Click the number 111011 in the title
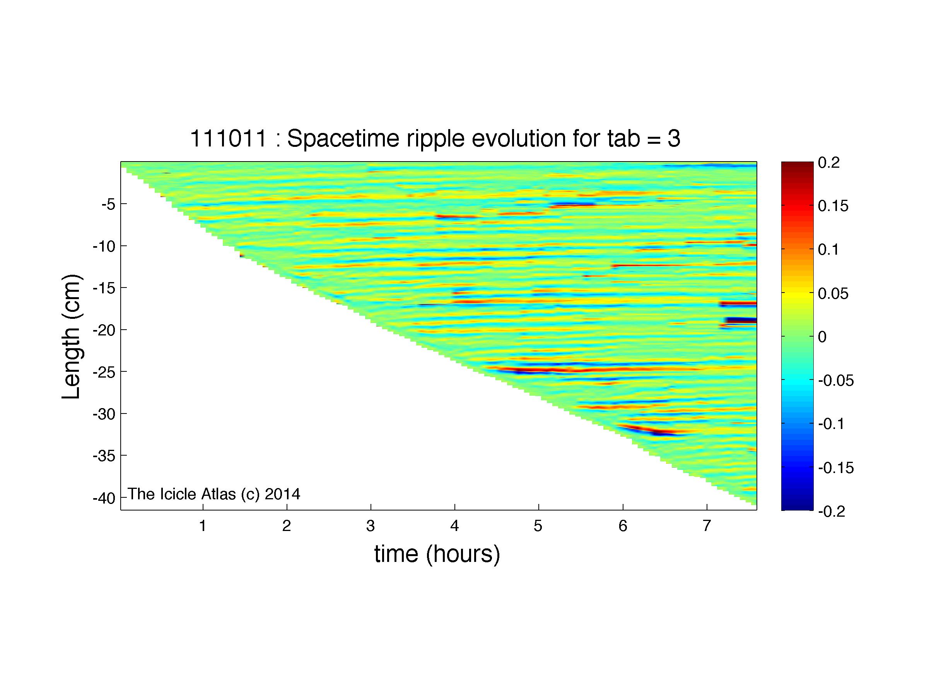click(229, 138)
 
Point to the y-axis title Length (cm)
click(72, 337)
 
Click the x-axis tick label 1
click(203, 526)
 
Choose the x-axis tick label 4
click(455, 526)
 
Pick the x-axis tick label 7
click(707, 526)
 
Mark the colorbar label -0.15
click(836, 467)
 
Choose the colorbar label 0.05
click(833, 293)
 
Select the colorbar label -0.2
click(832, 511)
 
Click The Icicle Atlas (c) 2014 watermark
click(214, 494)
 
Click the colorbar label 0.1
click(828, 250)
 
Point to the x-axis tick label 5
click(538, 526)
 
